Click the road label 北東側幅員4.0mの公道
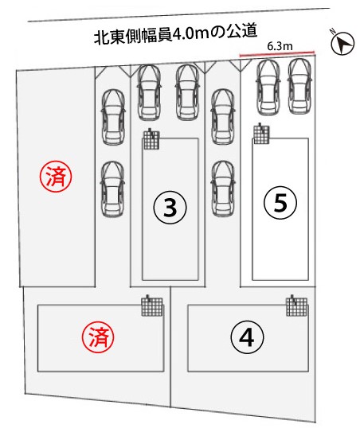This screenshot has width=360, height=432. coord(176,34)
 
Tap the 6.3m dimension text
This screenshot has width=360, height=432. coord(280,46)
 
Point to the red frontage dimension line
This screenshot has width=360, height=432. coord(277,54)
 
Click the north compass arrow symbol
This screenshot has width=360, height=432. coord(342,43)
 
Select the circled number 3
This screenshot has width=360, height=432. coord(170,207)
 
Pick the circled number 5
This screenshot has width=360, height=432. coord(280,203)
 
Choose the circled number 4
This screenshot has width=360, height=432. coord(247,337)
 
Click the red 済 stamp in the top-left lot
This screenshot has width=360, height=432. coord(56,177)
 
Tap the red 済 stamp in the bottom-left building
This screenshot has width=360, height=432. coord(98,337)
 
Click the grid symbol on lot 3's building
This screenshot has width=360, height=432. coord(151,139)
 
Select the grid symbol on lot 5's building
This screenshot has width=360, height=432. coord(261,134)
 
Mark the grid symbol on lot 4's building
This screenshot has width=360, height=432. coord(296,306)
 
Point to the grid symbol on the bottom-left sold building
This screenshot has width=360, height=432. coord(152,306)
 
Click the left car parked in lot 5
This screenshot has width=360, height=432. coord(268,88)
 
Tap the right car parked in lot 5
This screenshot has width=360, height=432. coord(299,86)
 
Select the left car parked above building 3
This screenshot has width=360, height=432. coord(149,92)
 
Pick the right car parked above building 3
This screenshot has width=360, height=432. coord(187,92)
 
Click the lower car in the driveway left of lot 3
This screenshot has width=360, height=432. coord(112,189)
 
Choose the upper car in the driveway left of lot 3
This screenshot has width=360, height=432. coord(113,117)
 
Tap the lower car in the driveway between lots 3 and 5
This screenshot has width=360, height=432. coord(223,189)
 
